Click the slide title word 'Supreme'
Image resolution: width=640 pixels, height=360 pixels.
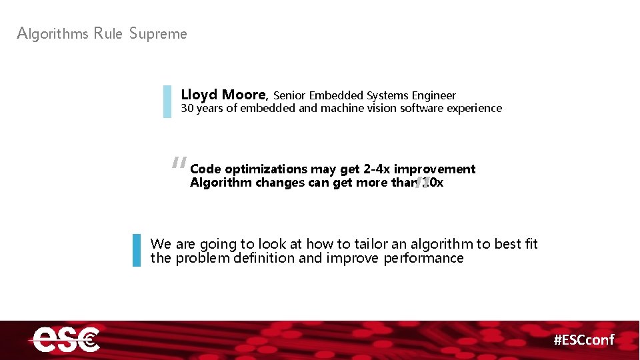158,33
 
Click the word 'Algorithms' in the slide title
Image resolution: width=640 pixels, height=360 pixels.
53,33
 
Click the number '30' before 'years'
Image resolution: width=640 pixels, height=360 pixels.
187,108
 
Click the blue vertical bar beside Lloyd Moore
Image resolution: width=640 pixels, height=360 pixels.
167,101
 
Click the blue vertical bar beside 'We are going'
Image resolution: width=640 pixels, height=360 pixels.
137,250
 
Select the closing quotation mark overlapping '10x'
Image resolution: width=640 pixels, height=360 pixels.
421,183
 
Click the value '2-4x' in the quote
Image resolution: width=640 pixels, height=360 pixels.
377,169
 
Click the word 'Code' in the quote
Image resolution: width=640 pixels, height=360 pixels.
205,169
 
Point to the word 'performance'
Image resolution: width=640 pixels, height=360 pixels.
423,258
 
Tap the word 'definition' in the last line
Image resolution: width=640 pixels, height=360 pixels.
264,258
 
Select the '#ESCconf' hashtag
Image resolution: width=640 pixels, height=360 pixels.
584,340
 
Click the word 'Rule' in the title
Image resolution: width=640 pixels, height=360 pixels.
109,33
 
